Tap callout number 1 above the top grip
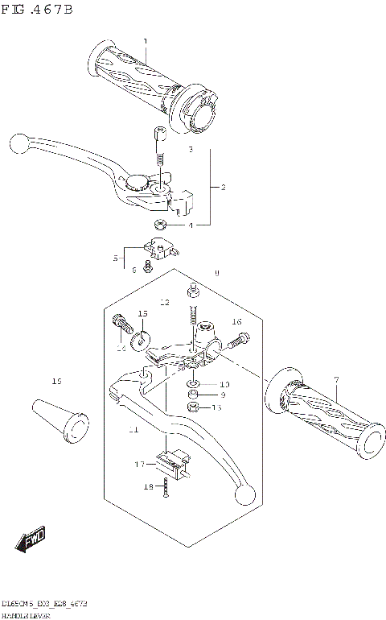pos(146,41)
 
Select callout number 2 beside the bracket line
pos(223,187)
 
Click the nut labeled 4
pos(161,225)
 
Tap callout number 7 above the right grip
pos(337,378)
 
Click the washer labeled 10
pos(194,384)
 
